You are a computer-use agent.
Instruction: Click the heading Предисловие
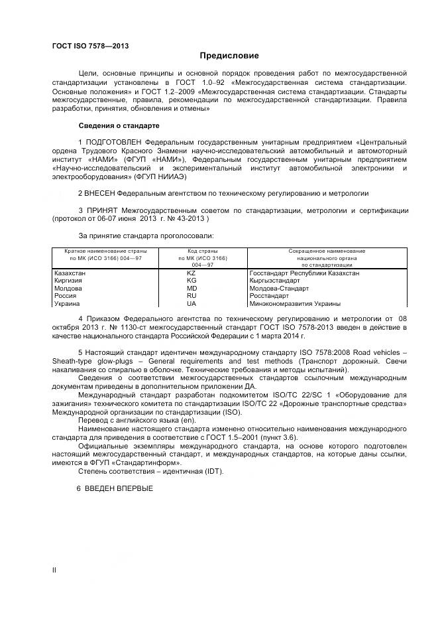coord(229,56)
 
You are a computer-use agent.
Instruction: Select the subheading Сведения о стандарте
coord(119,125)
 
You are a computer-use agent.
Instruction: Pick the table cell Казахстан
coord(70,273)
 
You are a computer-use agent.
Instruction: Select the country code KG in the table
coord(192,281)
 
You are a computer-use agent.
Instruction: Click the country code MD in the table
coord(192,289)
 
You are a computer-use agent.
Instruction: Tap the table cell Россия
coord(66,296)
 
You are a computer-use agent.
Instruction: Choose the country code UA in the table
coord(192,304)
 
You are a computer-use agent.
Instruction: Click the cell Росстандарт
coord(269,296)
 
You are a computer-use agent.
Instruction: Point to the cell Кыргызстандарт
coord(275,281)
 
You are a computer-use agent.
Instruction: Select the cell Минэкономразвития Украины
coord(295,304)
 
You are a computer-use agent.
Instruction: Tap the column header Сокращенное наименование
coord(327,251)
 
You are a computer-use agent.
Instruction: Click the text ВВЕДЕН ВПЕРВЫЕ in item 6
coord(119,488)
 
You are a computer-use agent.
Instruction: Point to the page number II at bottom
coord(54,570)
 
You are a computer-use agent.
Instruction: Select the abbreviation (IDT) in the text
coord(213,471)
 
